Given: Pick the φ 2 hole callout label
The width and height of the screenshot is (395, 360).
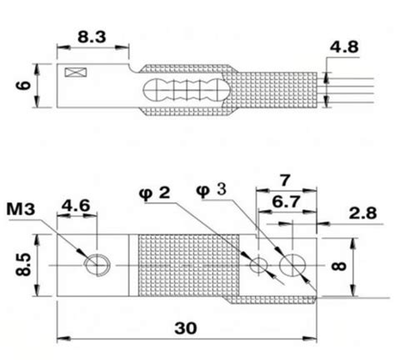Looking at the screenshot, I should coord(155,193).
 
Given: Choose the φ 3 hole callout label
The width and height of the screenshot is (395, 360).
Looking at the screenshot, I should coord(212,189).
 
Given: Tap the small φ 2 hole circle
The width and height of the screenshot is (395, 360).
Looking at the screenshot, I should coord(260,265).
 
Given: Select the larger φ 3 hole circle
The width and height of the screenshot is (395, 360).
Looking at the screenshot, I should coord(294,265).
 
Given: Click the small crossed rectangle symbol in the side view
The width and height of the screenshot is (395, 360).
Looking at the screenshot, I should coord(80,74).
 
